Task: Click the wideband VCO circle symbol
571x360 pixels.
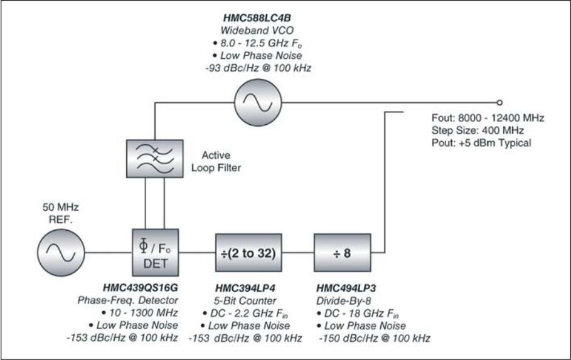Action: tap(257, 101)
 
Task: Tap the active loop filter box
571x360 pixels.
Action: tap(155, 161)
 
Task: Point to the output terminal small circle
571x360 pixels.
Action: tap(499, 101)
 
